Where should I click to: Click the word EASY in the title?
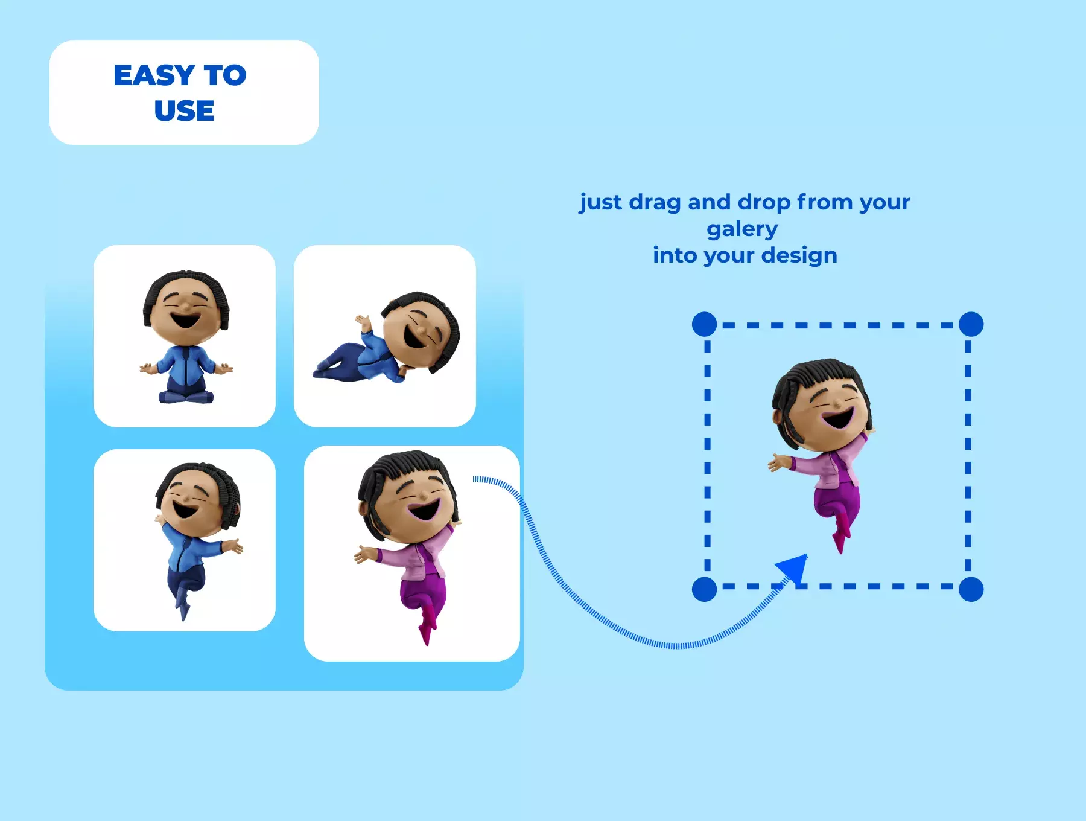[x=154, y=75]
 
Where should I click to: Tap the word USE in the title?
[x=184, y=110]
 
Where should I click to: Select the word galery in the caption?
[x=742, y=230]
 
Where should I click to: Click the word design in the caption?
[x=799, y=256]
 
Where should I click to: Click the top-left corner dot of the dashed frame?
[x=704, y=324]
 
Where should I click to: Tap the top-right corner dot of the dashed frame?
[x=971, y=324]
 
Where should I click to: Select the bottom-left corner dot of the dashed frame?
[x=704, y=589]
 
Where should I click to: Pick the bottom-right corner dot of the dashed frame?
[x=971, y=589]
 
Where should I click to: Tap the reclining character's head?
[x=421, y=331]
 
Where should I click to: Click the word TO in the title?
[x=225, y=75]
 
